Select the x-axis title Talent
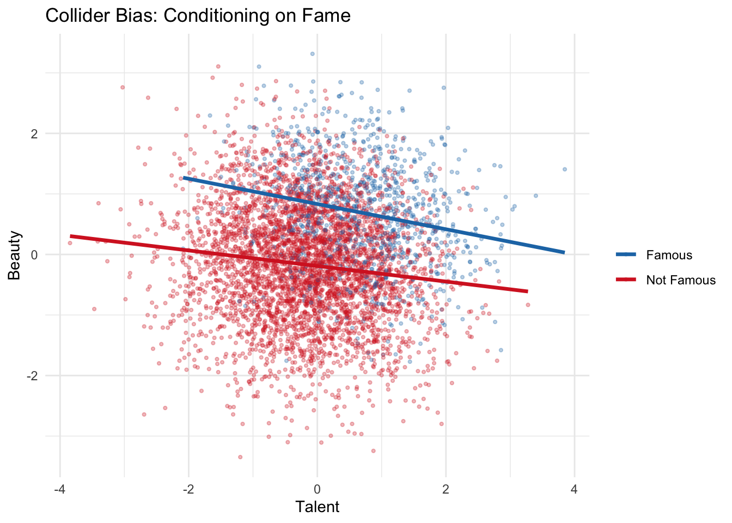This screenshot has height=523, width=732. (x=317, y=507)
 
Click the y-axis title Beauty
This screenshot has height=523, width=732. (x=15, y=255)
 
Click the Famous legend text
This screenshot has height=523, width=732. (x=669, y=255)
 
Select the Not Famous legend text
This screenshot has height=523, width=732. (x=681, y=280)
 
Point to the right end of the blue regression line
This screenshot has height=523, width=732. (x=564, y=252)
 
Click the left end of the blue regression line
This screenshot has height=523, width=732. (x=184, y=178)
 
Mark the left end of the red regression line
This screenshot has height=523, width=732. (x=71, y=236)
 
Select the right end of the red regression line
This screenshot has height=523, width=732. (x=527, y=291)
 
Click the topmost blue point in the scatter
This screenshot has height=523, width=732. (x=312, y=54)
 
